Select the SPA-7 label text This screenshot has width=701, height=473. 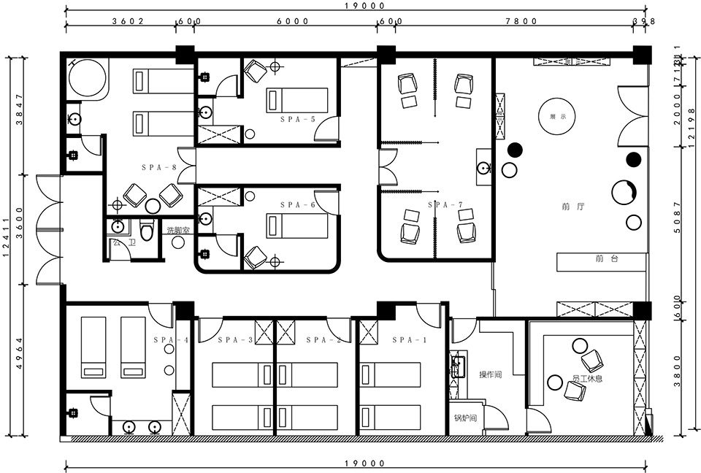click(442, 205)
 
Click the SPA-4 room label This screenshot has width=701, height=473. click(172, 340)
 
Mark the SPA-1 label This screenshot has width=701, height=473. click(407, 340)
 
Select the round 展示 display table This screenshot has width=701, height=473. click(553, 117)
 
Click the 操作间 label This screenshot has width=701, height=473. click(490, 375)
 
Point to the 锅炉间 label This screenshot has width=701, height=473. click(465, 418)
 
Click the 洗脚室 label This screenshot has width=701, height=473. click(178, 230)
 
